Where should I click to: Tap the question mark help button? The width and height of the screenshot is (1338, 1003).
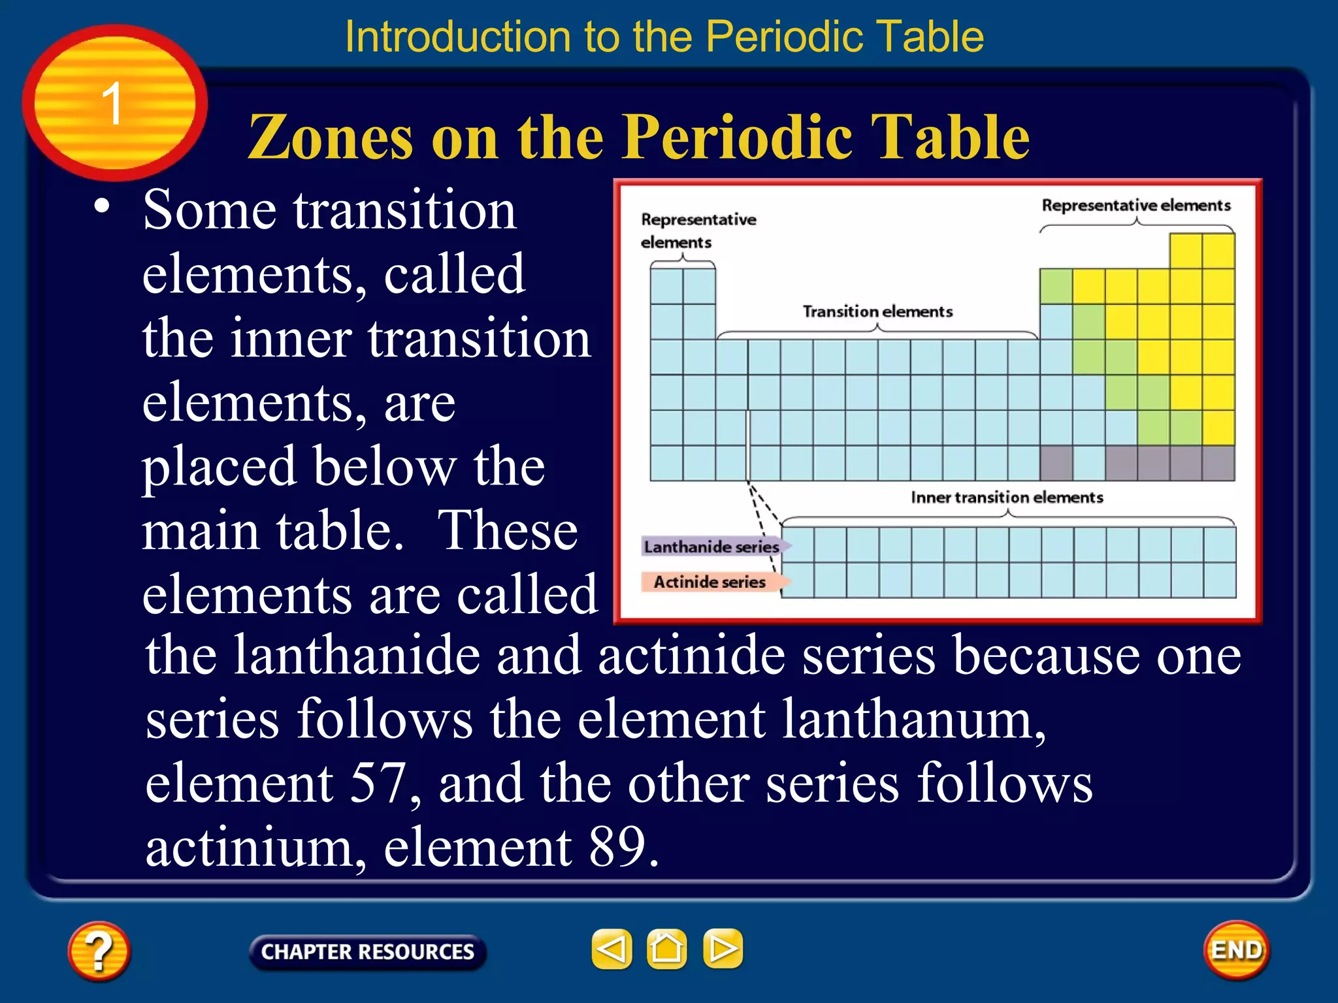99,951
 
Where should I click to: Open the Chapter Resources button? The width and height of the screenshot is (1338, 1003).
367,952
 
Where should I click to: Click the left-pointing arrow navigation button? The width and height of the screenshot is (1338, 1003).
612,949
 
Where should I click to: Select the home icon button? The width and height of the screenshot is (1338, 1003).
666,949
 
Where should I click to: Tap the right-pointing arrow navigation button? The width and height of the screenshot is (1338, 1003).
723,949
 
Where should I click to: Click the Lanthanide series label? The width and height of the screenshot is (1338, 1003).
711,547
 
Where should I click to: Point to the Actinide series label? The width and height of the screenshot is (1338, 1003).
710,582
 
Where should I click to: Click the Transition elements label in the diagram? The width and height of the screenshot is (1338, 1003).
877,311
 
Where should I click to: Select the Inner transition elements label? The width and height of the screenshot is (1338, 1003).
1007,498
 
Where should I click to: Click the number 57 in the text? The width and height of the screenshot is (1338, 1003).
378,783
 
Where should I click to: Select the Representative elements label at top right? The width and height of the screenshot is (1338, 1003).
1135,206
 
